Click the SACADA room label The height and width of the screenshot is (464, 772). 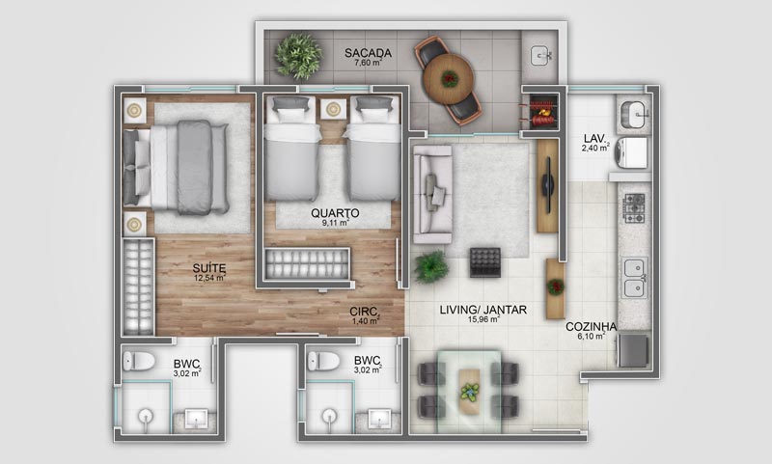click(367, 51)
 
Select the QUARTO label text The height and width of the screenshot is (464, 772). click(335, 212)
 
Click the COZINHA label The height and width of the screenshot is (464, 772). click(591, 326)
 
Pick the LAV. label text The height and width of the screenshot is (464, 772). click(594, 136)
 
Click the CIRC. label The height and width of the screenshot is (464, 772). click(364, 312)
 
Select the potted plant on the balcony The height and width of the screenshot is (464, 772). click(298, 55)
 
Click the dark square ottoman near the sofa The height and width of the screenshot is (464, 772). click(483, 261)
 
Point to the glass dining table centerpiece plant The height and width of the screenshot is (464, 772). click(470, 391)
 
